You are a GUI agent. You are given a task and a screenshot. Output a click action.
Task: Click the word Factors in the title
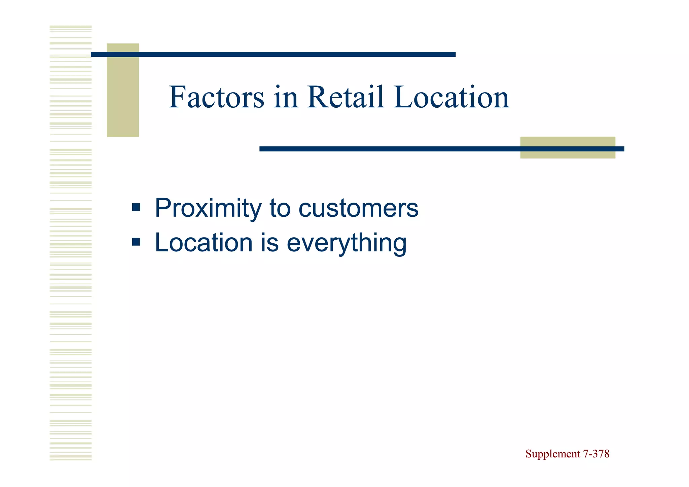point(216,98)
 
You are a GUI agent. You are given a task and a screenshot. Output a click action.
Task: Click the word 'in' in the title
point(286,98)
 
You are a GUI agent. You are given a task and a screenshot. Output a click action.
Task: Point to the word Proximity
point(208,209)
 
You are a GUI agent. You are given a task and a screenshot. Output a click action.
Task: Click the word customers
point(358,209)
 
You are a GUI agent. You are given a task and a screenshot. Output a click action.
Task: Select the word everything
point(347,243)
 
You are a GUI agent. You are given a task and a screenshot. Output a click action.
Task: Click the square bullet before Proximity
point(136,207)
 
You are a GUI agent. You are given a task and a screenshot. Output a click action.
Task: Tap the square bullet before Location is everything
point(136,242)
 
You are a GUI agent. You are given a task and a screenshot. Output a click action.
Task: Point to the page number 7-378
point(596,454)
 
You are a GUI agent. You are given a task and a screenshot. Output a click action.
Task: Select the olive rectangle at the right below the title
point(568,153)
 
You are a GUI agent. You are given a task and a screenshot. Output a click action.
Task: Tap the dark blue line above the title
point(273,55)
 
